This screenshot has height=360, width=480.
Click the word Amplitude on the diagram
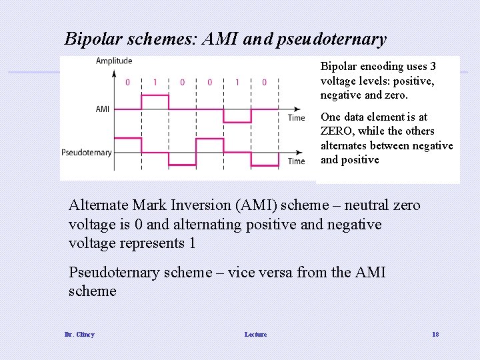[114, 61]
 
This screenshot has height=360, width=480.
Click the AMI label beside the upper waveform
[103, 109]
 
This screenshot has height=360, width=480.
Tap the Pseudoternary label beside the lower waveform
[87, 153]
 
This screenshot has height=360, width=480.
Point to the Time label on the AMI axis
[296, 118]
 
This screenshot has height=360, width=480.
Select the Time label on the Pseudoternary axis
[296, 161]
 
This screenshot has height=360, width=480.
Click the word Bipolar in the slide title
[89, 39]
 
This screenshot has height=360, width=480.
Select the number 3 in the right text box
[433, 67]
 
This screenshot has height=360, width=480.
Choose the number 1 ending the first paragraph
[192, 243]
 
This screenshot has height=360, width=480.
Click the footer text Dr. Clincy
[79, 334]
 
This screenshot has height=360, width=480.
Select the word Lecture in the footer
[255, 334]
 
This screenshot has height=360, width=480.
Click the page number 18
[435, 334]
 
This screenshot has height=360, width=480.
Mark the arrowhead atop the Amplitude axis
[114, 71]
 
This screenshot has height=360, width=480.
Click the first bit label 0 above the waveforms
[128, 83]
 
